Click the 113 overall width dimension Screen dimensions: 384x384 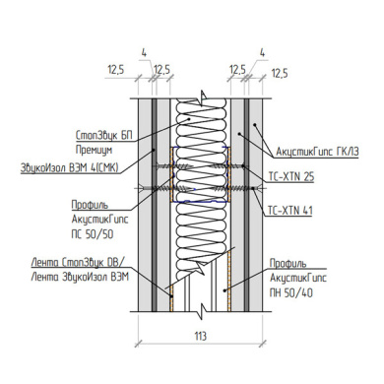tap(200, 336)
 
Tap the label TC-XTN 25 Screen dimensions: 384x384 tap(291, 177)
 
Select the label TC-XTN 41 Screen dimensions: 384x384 tap(290, 210)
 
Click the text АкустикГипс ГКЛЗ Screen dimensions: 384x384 tap(317, 152)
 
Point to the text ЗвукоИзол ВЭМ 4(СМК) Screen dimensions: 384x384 tap(70, 168)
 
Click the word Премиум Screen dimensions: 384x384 tap(94, 151)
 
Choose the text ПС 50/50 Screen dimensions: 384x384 tap(93, 234)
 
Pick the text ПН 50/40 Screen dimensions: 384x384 tap(291, 292)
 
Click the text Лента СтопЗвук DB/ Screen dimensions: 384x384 tap(78, 263)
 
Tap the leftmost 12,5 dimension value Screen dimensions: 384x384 tap(116, 70)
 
